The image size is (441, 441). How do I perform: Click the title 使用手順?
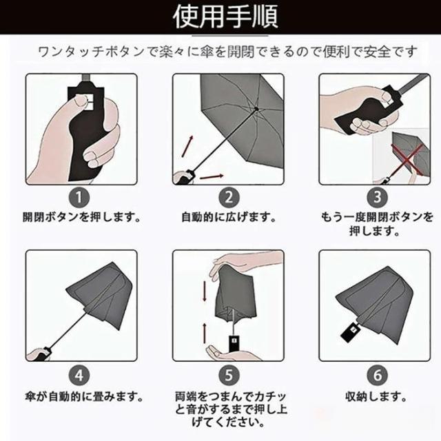coord(225,17)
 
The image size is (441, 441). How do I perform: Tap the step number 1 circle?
coord(79,198)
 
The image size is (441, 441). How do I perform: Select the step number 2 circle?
coord(229,198)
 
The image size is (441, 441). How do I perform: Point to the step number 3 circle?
coord(378,198)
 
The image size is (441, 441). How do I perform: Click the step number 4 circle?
coord(79,376)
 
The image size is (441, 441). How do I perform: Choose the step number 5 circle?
coord(229,376)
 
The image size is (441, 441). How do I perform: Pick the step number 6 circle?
coord(378,376)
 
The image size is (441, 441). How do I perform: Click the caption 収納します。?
coord(376,397)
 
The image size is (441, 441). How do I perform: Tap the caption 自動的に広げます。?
coord(228,218)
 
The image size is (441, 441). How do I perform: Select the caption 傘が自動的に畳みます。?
coord(84,397)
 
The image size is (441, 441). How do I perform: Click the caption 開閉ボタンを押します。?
coord(81,218)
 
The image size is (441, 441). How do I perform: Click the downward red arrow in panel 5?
coord(205,291)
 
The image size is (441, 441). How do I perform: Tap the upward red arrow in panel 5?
coord(205,334)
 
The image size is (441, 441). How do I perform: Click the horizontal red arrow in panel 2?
coord(212,176)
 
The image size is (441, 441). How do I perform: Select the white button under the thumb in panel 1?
coord(90,101)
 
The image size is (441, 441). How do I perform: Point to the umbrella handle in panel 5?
coord(233,343)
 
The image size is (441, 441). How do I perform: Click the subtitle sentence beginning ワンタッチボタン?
coord(227,52)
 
